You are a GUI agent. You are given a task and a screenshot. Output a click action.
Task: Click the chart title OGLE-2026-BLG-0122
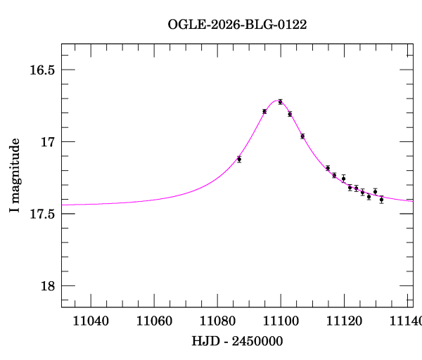[237, 25]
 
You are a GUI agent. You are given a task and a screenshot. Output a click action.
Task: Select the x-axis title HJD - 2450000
[237, 341]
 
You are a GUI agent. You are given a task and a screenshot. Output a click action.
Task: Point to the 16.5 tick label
[41, 70]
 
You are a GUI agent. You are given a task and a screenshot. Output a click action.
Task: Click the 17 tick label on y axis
[47, 142]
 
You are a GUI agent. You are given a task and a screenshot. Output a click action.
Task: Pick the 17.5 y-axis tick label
[41, 214]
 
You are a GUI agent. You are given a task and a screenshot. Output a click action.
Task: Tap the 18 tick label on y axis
[47, 285]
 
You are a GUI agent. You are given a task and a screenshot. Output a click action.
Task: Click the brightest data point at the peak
[281, 102]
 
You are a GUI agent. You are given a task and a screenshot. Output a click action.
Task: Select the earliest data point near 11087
[239, 159]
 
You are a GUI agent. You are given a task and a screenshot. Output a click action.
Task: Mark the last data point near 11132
[381, 200]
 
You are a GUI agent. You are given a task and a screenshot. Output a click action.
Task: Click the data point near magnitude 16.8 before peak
[264, 111]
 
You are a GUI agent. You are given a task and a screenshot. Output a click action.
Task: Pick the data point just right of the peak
[290, 114]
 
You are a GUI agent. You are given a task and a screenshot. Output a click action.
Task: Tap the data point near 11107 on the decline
[302, 136]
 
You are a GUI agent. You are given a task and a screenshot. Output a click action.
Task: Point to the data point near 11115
[328, 168]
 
